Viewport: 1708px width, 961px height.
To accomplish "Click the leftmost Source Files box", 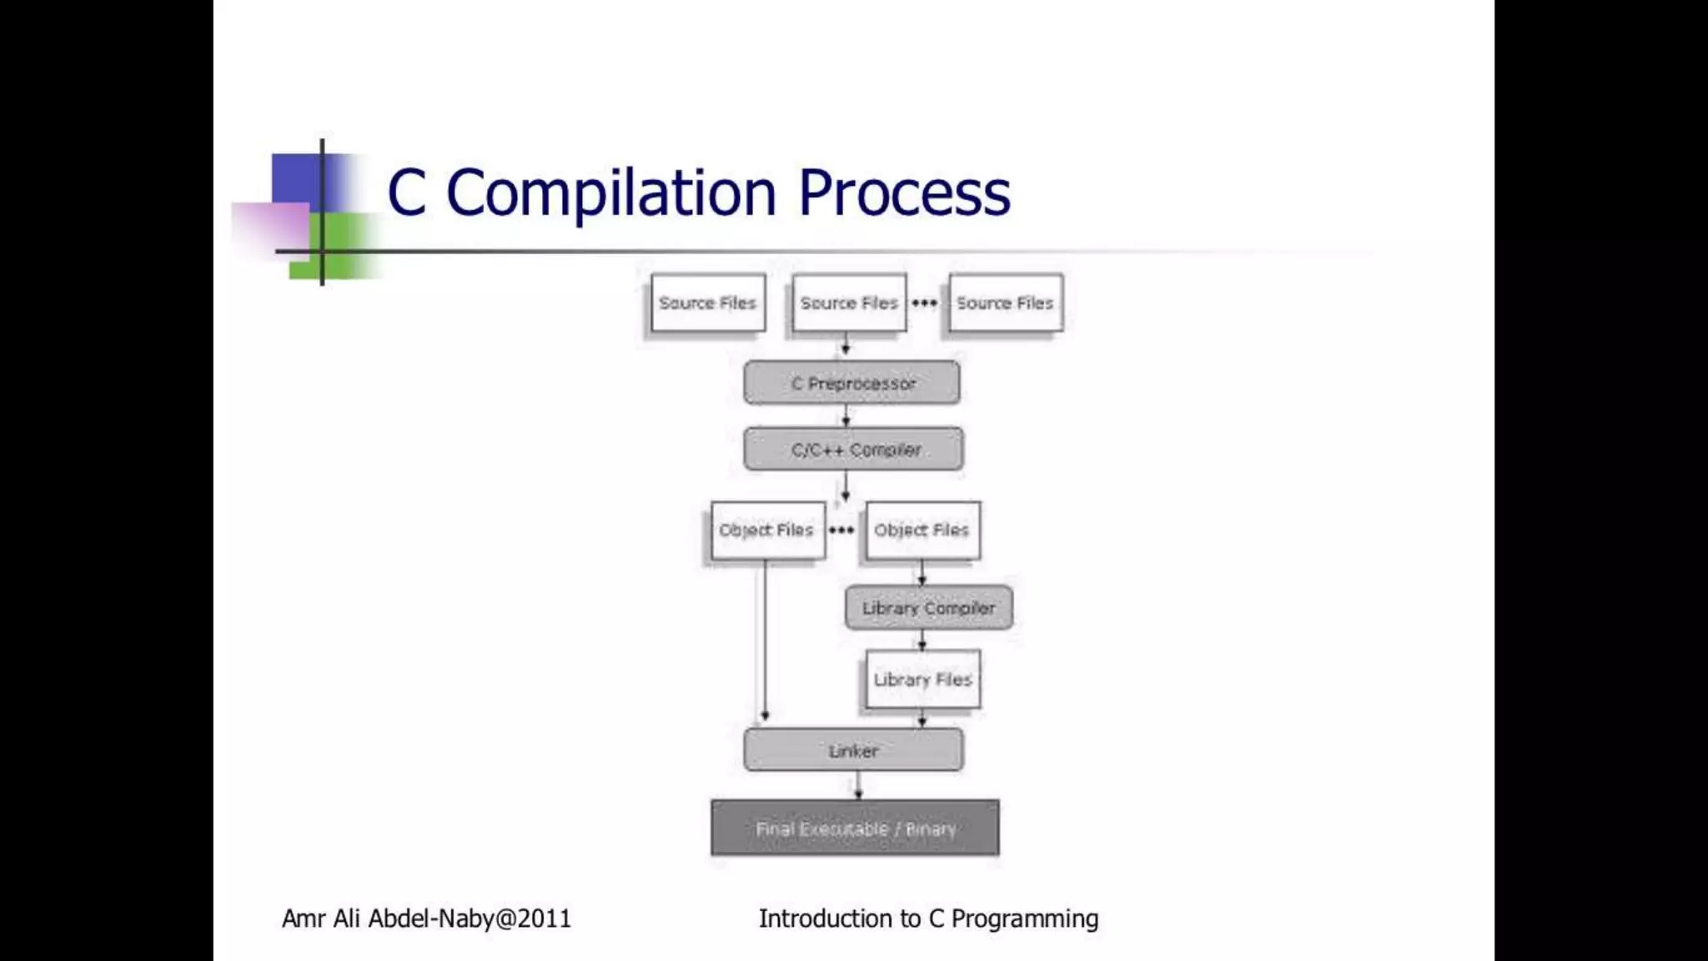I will (707, 303).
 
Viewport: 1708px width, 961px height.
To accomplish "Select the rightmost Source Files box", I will (1005, 303).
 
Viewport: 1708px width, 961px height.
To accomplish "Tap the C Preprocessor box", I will (851, 383).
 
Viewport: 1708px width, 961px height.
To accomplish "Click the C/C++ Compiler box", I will (853, 450).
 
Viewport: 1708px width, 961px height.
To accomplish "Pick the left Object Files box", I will (767, 530).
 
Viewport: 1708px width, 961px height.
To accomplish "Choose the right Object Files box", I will (922, 530).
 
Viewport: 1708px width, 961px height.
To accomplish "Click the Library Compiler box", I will (928, 608).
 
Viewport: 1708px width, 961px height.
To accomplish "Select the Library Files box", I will (922, 679).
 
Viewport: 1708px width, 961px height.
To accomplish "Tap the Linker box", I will (853, 750).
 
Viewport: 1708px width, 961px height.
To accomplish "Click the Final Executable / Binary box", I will (855, 828).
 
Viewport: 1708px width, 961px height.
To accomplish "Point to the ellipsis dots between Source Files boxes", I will (924, 303).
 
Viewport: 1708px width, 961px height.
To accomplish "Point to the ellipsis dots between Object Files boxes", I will (841, 530).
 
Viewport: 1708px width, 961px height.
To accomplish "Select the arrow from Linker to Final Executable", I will (858, 785).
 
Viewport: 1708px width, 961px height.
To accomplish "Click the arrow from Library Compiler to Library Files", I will (922, 640).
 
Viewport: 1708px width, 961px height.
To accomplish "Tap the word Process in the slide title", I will (904, 193).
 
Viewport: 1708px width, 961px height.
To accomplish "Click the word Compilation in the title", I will (611, 193).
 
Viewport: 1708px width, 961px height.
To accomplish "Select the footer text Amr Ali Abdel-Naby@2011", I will (426, 918).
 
